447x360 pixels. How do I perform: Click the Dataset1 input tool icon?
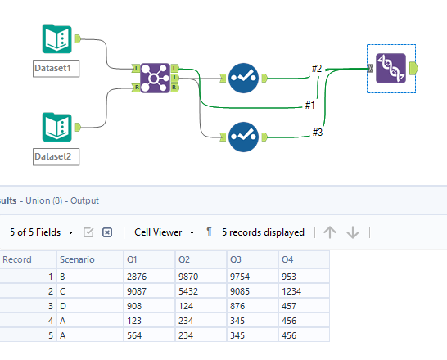tap(56, 39)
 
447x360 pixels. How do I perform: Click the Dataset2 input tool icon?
tap(56, 127)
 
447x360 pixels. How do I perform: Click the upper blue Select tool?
tap(245, 78)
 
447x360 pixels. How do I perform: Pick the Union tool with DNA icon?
tap(391, 69)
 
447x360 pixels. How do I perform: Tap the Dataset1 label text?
tap(56, 68)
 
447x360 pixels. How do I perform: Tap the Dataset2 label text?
tap(56, 155)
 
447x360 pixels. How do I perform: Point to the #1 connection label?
tap(310, 105)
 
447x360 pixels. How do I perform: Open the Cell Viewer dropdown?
tap(164, 232)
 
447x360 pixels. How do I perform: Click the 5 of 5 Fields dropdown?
tap(41, 232)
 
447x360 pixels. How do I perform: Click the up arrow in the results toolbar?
tap(330, 232)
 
